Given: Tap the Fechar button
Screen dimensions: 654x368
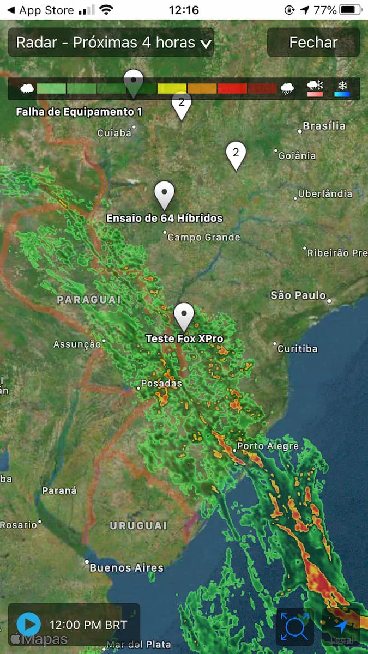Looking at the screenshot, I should pyautogui.click(x=313, y=43).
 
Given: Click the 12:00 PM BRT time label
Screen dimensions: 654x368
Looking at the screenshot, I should pyautogui.click(x=88, y=625).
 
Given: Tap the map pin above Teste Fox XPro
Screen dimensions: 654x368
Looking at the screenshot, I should pyautogui.click(x=184, y=315).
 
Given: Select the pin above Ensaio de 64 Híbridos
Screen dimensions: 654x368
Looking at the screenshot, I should pyautogui.click(x=164, y=194).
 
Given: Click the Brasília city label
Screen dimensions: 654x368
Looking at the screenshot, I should pyautogui.click(x=324, y=126).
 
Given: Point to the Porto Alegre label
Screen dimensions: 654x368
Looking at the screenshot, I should pyautogui.click(x=268, y=446).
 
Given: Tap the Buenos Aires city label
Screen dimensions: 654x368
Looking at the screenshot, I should pyautogui.click(x=126, y=568).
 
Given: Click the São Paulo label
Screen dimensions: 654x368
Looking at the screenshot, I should pyautogui.click(x=298, y=295).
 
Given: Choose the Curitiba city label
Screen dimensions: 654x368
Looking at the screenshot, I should pyautogui.click(x=297, y=348).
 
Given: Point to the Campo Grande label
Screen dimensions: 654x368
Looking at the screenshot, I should pyautogui.click(x=203, y=237).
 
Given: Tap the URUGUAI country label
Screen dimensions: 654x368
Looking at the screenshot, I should pyautogui.click(x=138, y=525).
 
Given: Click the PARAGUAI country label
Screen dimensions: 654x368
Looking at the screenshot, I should pyautogui.click(x=89, y=300).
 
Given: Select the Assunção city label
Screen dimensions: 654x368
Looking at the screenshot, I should pyautogui.click(x=77, y=344).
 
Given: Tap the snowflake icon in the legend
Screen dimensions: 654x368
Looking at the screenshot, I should pyautogui.click(x=342, y=86).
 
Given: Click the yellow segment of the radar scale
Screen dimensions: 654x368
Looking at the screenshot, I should pyautogui.click(x=172, y=88).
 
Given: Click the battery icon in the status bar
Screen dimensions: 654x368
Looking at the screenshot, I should pyautogui.click(x=349, y=10).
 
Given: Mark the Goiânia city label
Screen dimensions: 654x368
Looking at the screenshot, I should pyautogui.click(x=297, y=155).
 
